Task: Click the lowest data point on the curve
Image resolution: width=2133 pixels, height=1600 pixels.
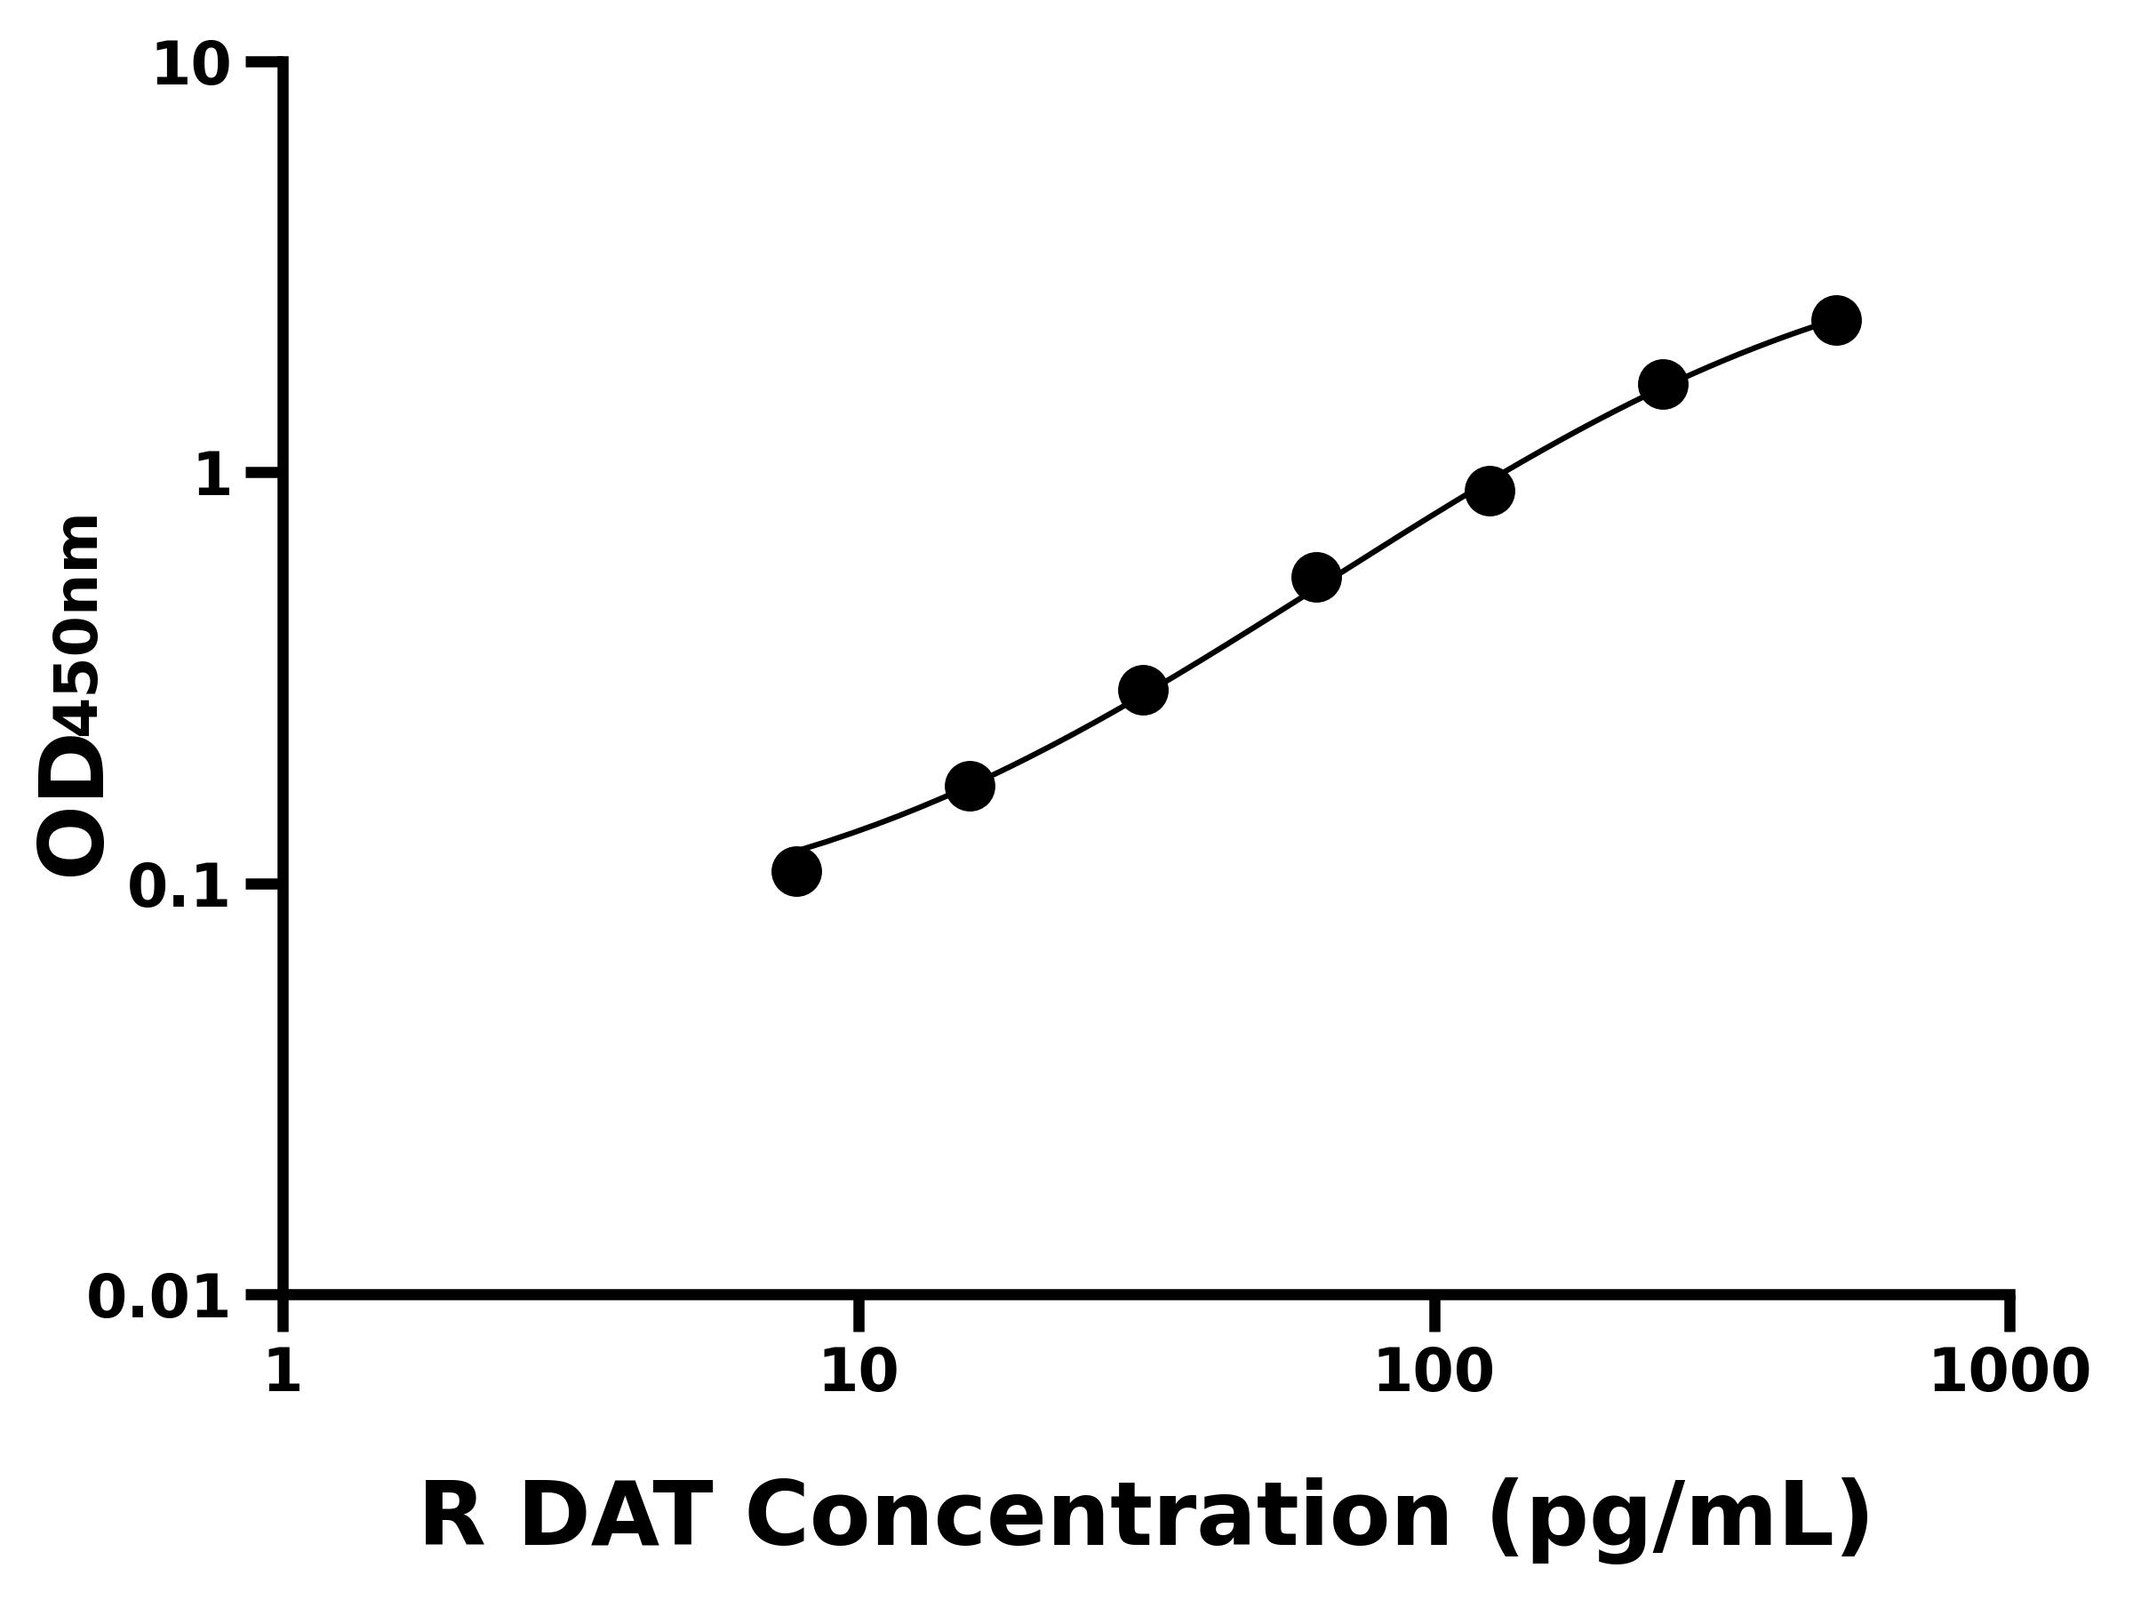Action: point(796,872)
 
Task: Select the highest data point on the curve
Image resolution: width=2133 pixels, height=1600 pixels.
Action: point(1836,320)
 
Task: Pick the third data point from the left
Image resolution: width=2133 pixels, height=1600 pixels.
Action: point(1143,691)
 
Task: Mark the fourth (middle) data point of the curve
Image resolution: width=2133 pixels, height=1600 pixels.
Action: point(1316,578)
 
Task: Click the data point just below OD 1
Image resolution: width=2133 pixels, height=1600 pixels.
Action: point(1489,491)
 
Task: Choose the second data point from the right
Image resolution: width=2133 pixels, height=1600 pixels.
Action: point(1663,385)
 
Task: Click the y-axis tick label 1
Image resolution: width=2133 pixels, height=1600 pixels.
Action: point(213,476)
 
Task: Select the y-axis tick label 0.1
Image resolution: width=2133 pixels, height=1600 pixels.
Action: point(180,887)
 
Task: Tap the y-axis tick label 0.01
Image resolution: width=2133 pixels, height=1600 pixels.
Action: point(159,1298)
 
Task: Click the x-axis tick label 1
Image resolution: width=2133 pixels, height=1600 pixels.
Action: point(284,1372)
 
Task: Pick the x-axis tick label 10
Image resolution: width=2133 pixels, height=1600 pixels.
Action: point(859,1372)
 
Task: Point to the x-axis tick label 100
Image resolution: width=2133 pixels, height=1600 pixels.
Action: point(1434,1372)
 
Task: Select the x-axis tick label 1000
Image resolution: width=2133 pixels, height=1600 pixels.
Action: point(2009,1372)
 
